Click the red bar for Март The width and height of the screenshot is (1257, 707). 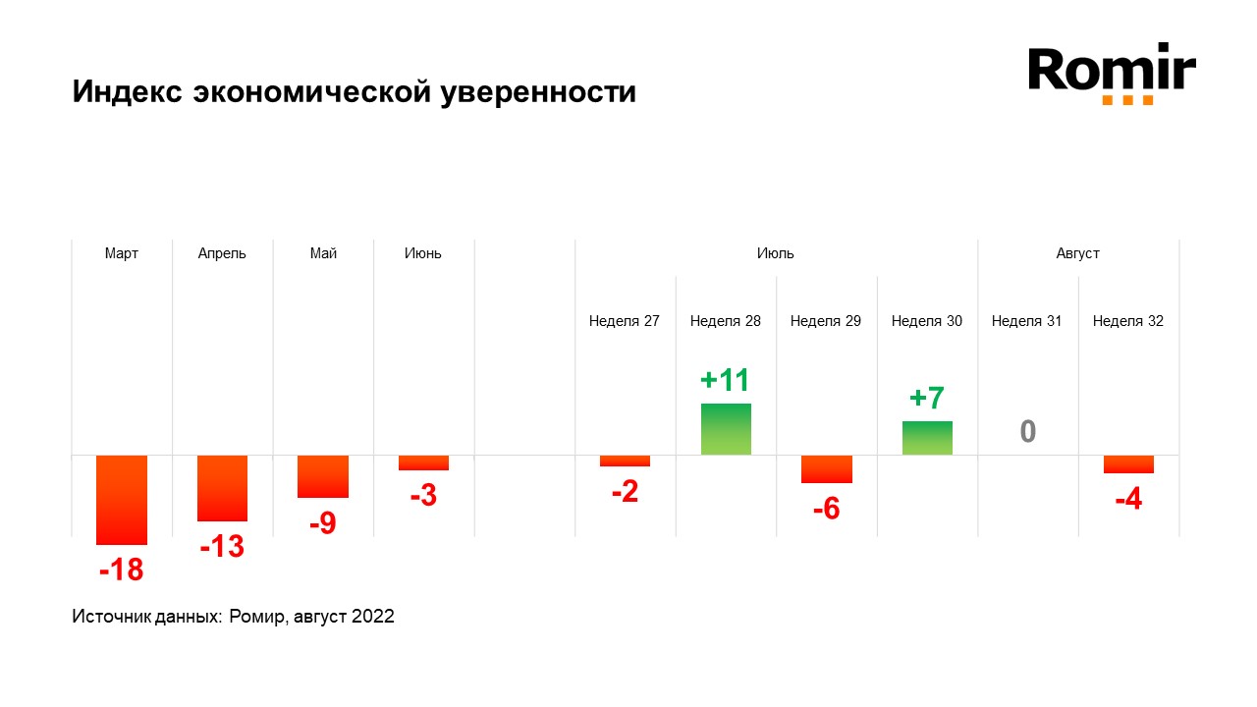pyautogui.click(x=122, y=500)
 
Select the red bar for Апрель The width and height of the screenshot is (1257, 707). pyautogui.click(x=222, y=488)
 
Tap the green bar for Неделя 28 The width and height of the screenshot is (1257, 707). pyautogui.click(x=726, y=429)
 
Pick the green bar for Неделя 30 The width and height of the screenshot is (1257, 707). pyautogui.click(x=927, y=438)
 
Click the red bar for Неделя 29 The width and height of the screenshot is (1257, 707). pyautogui.click(x=826, y=469)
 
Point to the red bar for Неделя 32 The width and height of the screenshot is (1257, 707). pyautogui.click(x=1128, y=464)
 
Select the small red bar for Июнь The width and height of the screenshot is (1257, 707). pyautogui.click(x=423, y=462)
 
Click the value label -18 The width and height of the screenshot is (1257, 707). pyautogui.click(x=121, y=569)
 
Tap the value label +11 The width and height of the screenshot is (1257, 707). pyautogui.click(x=725, y=380)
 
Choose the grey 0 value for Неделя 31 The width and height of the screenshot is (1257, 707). pyautogui.click(x=1027, y=432)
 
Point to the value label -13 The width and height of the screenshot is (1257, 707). pyautogui.click(x=222, y=546)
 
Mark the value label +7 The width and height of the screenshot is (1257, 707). pyautogui.click(x=926, y=399)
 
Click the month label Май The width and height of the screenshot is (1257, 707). pyautogui.click(x=323, y=253)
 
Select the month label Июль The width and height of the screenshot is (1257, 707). pyautogui.click(x=776, y=253)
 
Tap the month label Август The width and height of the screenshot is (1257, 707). pyautogui.click(x=1078, y=253)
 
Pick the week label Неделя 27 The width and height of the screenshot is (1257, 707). pyautogui.click(x=625, y=321)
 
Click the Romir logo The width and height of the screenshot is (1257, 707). pyautogui.click(x=1112, y=73)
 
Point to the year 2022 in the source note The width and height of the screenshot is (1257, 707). pyautogui.click(x=373, y=617)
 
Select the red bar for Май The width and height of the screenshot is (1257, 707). pyautogui.click(x=323, y=476)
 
